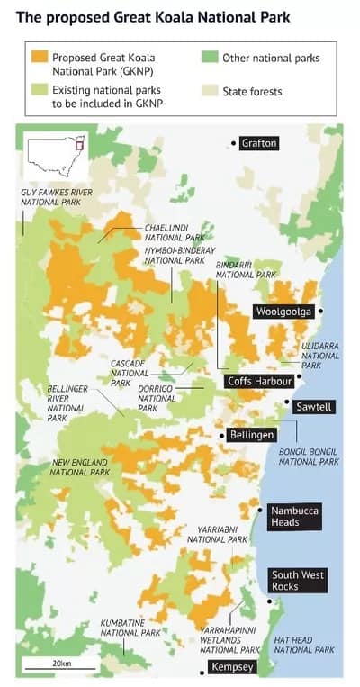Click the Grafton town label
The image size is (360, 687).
(x=259, y=143)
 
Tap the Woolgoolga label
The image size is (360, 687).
(x=283, y=312)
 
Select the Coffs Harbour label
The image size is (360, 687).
(x=259, y=381)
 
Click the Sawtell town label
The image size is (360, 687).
(x=314, y=407)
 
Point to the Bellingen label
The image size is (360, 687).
(x=252, y=435)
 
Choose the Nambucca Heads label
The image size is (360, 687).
(x=293, y=516)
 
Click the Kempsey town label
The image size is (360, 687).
(x=232, y=667)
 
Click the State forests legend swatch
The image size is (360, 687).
(x=209, y=91)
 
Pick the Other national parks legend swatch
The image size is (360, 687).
(x=209, y=58)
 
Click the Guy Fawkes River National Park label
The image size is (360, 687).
(x=57, y=198)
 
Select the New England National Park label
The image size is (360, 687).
(x=81, y=467)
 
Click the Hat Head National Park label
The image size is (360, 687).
(x=303, y=645)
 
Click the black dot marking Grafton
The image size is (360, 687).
(x=234, y=143)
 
